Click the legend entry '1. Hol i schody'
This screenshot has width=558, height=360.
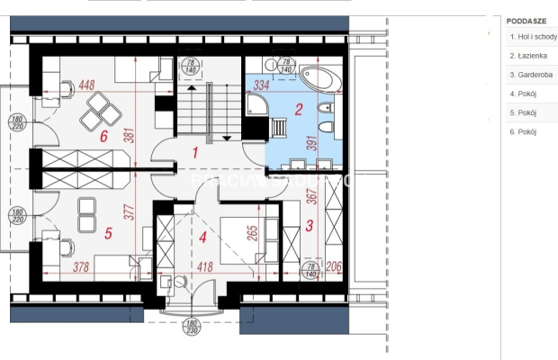point(532,37)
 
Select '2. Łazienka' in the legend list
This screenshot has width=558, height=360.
point(526,56)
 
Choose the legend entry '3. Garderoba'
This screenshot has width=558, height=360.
point(528,75)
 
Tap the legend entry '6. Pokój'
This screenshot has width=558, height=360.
point(522,131)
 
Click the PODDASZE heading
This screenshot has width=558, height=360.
point(526,20)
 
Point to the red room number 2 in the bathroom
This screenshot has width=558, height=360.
point(298,111)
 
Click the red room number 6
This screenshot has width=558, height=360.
point(103,138)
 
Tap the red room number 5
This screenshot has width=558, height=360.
point(108,233)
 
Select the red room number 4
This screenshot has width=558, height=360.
point(202,238)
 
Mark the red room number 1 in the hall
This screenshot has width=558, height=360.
point(193,152)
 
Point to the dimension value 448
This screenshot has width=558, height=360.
point(86,85)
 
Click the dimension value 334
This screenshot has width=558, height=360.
point(262,85)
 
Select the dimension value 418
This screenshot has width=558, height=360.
point(204,266)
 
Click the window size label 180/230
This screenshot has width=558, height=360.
point(191,327)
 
